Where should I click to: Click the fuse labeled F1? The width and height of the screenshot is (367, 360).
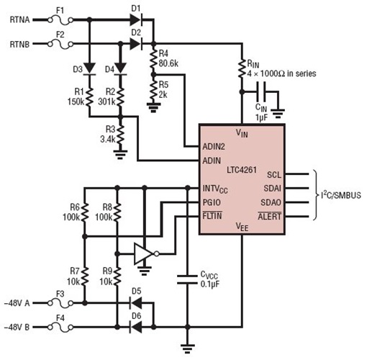click(60, 21)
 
